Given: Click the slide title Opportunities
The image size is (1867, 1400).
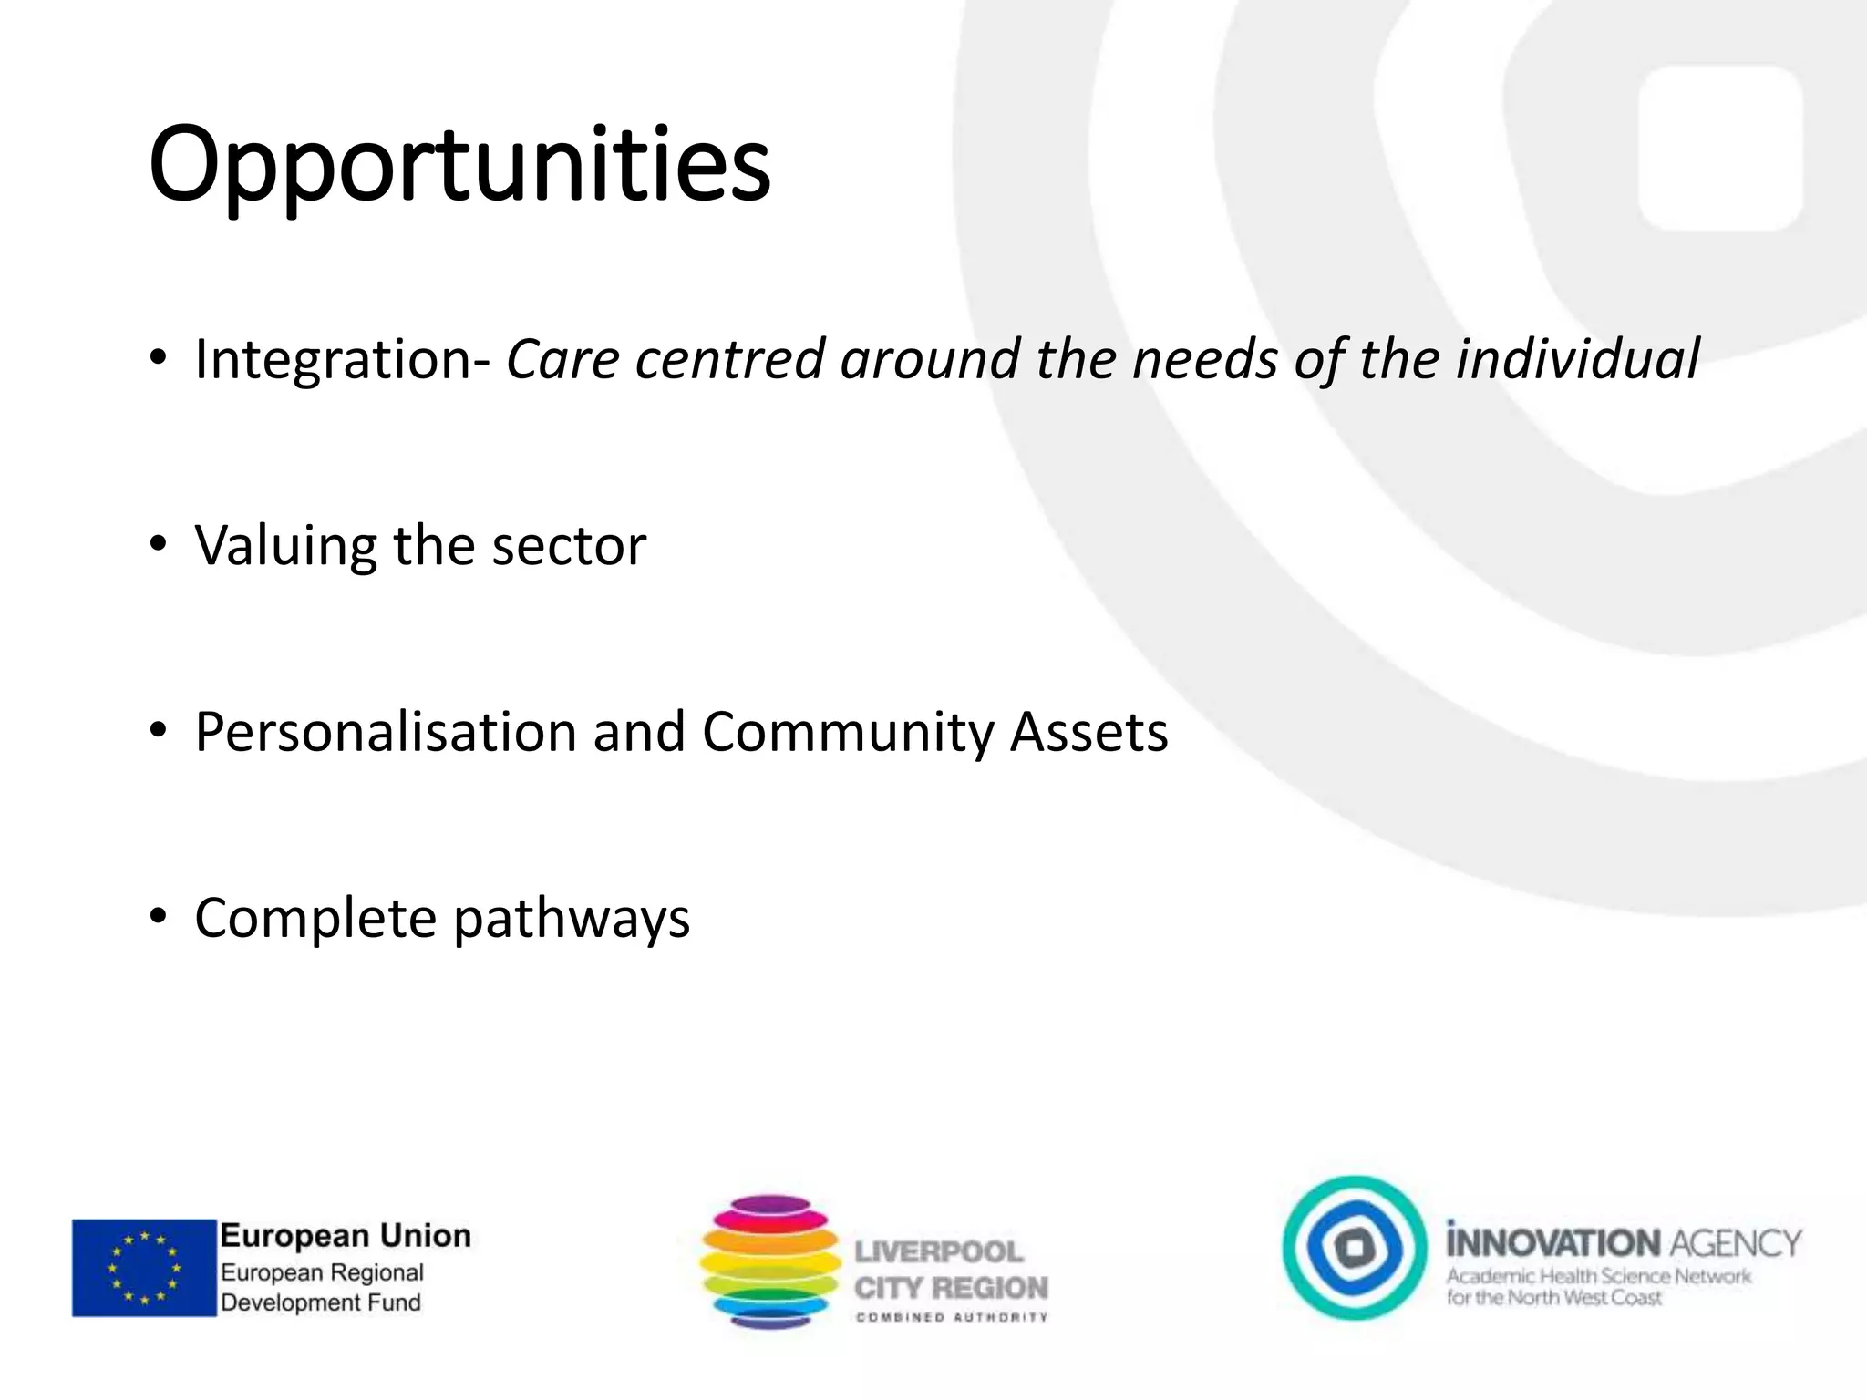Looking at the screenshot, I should coord(459,167).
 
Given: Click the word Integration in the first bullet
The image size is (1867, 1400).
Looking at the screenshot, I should coord(335,359).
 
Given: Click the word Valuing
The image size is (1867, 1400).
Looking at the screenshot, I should coord(285,546).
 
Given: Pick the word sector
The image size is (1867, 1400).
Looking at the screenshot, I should coord(569,546).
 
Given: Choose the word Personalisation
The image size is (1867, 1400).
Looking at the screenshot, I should coord(386,732).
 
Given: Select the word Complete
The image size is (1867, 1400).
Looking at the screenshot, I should coord(315,918).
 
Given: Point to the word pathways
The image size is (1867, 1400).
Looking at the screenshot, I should coord(572,920).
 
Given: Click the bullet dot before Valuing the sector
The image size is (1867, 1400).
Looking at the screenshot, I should coord(159,544).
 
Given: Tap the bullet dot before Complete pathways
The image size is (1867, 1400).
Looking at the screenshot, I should coord(159,916).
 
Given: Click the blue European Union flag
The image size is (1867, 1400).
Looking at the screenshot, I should coord(144,1268).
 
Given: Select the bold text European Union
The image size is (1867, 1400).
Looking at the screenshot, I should coord(346,1236).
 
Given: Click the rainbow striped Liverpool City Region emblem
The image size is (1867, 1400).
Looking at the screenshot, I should coord(770,1261).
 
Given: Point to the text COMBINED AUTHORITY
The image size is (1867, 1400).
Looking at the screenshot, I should coord(952,1317).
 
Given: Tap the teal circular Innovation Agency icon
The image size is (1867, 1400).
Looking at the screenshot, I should coord(1355,1248).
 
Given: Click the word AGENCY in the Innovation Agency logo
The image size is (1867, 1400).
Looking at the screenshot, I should coord(1736,1243).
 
